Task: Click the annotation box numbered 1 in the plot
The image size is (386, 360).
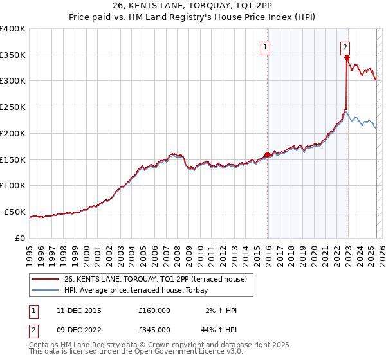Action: pyautogui.click(x=265, y=46)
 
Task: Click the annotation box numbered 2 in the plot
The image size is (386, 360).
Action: pyautogui.click(x=345, y=46)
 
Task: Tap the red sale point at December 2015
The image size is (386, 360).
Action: pyautogui.click(x=267, y=154)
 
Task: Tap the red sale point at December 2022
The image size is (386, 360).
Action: pyautogui.click(x=347, y=57)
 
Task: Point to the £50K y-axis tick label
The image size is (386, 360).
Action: pyautogui.click(x=15, y=212)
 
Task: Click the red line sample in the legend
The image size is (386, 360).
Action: pyautogui.click(x=46, y=278)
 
